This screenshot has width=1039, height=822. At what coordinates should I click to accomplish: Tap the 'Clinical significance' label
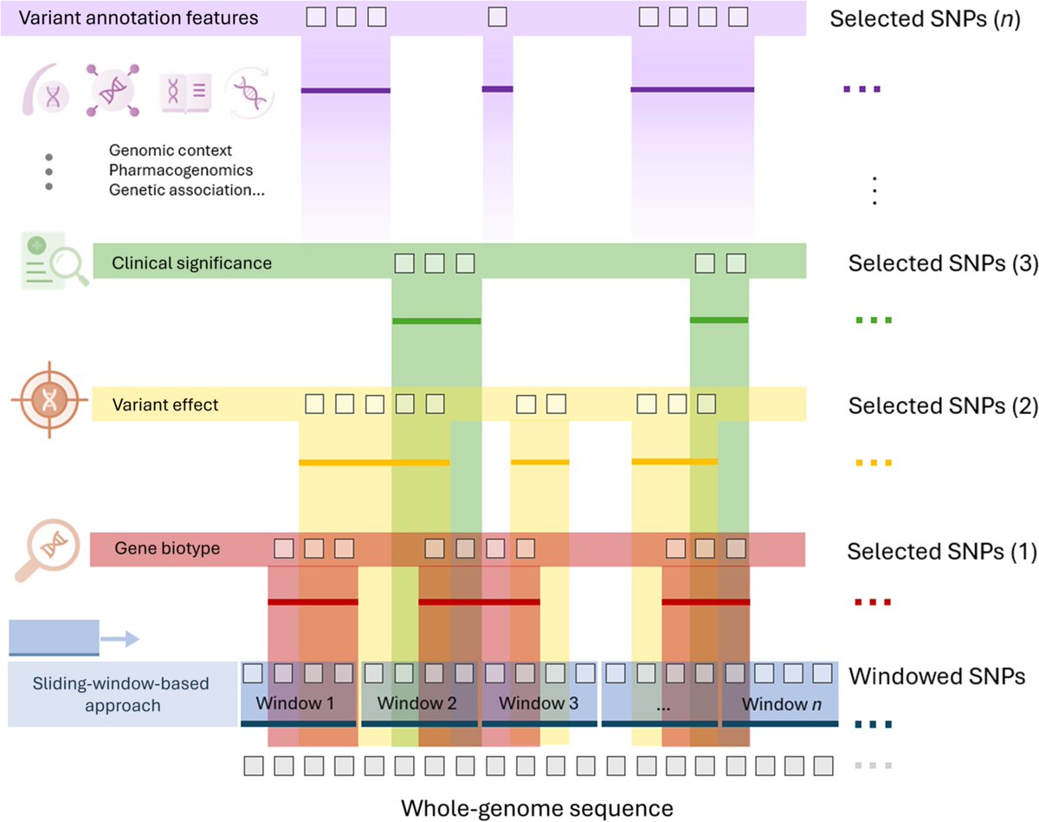coord(192,262)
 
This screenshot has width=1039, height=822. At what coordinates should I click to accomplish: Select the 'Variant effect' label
coord(165,405)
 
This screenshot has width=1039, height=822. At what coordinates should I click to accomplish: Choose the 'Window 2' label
coord(417,702)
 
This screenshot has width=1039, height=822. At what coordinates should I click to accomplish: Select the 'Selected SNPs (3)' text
coord(943,263)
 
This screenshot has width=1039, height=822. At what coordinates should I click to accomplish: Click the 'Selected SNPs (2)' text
coord(943,405)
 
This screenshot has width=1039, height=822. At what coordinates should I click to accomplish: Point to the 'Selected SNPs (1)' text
coord(943,551)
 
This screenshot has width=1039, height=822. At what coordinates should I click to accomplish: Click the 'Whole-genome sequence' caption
coord(537,808)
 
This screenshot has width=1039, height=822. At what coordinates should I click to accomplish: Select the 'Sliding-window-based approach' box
coord(122,694)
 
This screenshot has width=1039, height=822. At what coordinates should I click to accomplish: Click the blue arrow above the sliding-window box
coord(119,639)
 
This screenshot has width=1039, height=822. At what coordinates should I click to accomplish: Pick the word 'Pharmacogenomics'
coord(181,170)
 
